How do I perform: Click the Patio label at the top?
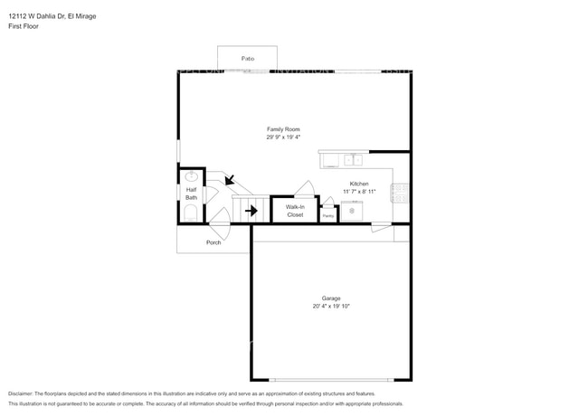coord(247,59)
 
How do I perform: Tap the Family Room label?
coord(282,129)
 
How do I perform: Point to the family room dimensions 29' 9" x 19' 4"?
coord(282,137)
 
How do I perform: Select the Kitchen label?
coord(359,184)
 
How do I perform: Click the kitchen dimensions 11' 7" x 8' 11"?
coord(359,192)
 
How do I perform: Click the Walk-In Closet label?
coord(295,211)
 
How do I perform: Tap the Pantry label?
coord(328,216)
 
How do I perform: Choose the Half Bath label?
coord(192,193)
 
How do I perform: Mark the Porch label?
coord(213,242)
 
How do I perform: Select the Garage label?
coord(331,298)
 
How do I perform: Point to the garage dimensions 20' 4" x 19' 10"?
coord(331,307)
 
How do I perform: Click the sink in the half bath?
coord(192,176)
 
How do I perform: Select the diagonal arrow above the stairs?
coord(230,180)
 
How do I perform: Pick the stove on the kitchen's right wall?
coord(399,193)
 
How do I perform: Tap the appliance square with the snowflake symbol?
coord(352,211)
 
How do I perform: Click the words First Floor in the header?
coord(24,26)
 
